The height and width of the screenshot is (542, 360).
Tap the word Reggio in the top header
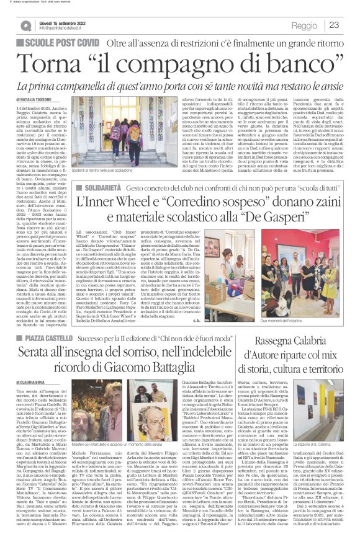304,25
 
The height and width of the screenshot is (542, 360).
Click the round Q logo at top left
25,25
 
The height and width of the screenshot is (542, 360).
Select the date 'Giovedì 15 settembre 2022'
63,21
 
